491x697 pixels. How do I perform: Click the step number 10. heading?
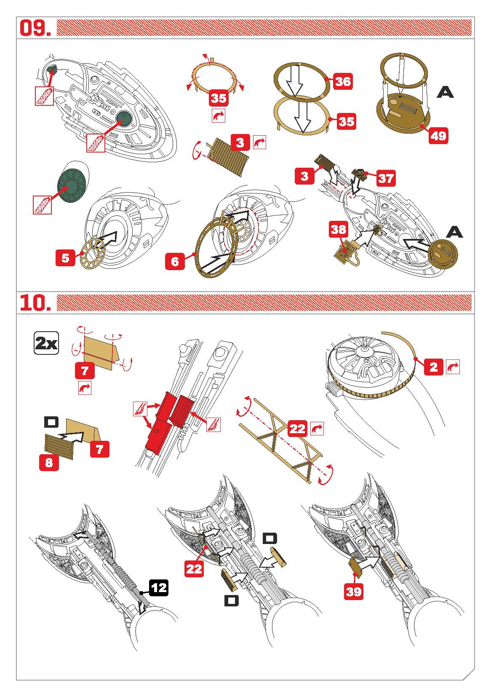pyautogui.click(x=35, y=303)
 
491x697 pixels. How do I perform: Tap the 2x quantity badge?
pyautogui.click(x=46, y=344)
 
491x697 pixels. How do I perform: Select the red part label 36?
pyautogui.click(x=343, y=80)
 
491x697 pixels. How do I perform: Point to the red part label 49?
pyautogui.click(x=438, y=136)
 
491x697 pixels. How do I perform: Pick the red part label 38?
pyautogui.click(x=339, y=230)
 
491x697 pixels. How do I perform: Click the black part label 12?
pyautogui.click(x=158, y=588)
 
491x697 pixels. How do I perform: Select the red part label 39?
pyautogui.click(x=354, y=592)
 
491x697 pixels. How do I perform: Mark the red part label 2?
pyautogui.click(x=434, y=367)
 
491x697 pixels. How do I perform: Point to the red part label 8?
pyautogui.click(x=49, y=463)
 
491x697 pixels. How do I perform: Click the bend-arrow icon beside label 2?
pyautogui.click(x=453, y=367)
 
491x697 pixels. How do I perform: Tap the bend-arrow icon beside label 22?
pyautogui.click(x=317, y=429)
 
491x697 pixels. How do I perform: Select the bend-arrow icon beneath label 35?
pyautogui.click(x=219, y=116)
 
